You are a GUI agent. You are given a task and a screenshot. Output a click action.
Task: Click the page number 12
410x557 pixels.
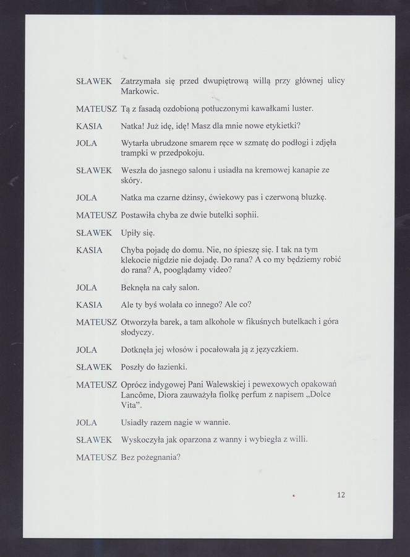(x=341, y=494)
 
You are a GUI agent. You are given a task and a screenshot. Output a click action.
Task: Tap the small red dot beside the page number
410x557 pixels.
(x=295, y=495)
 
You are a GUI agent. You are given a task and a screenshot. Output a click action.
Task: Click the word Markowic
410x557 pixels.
(x=140, y=91)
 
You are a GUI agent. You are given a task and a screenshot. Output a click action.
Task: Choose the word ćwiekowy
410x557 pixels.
(x=216, y=197)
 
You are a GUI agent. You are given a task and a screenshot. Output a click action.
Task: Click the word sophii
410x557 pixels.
(x=244, y=215)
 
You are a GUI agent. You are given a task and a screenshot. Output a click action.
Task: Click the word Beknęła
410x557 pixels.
(x=137, y=288)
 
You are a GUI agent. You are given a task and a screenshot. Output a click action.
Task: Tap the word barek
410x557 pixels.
(x=174, y=322)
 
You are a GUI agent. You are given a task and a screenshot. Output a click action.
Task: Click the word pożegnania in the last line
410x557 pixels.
(x=159, y=458)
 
